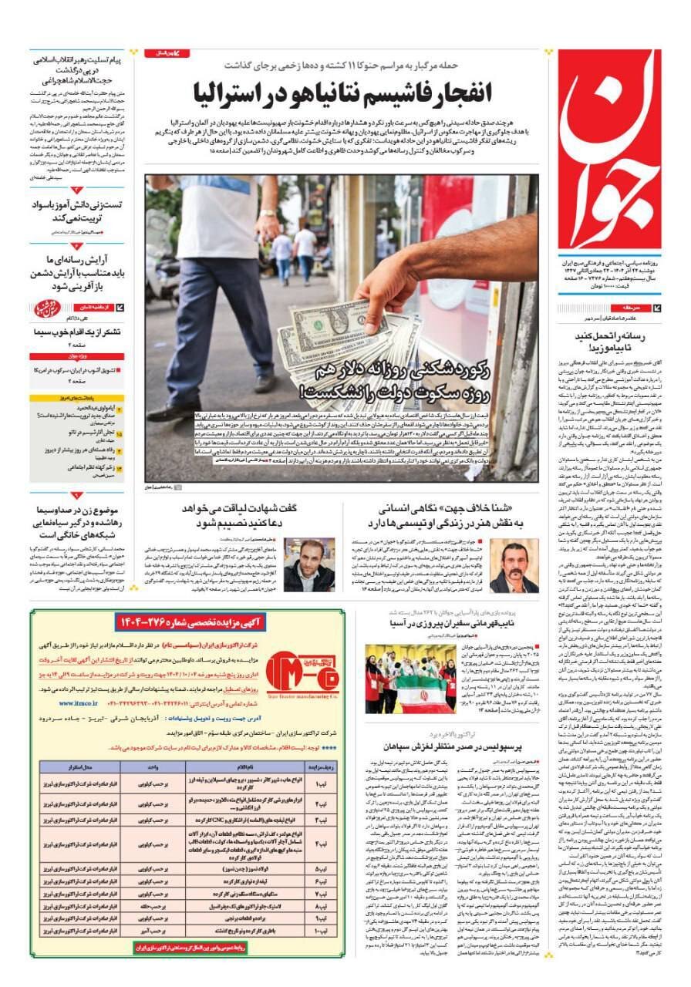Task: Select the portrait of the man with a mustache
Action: tap(514, 566)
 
